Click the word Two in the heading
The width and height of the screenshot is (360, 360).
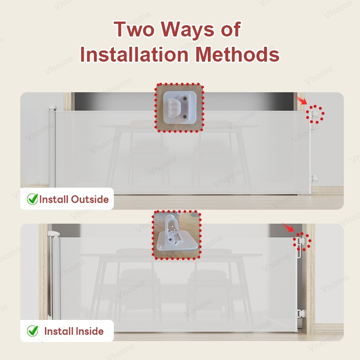click(134, 29)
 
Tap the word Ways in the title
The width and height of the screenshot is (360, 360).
click(187, 30)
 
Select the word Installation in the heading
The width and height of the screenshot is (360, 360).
click(134, 54)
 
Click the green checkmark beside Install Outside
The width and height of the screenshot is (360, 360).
click(32, 199)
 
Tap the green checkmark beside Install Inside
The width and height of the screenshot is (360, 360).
click(32, 331)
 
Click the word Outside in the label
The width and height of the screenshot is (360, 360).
click(90, 199)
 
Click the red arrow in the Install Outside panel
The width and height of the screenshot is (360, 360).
click(301, 100)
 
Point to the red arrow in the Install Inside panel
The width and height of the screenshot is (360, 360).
click(288, 228)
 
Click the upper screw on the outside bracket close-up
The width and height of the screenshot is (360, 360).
click(185, 99)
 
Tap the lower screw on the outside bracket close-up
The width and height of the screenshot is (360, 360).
click(184, 117)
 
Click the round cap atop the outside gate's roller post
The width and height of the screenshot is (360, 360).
click(52, 108)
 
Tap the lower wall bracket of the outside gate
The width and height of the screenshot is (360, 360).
click(313, 178)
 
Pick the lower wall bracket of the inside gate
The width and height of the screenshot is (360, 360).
click(301, 313)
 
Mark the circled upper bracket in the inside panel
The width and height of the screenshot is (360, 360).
click(301, 241)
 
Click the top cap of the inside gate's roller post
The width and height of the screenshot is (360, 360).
click(54, 234)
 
